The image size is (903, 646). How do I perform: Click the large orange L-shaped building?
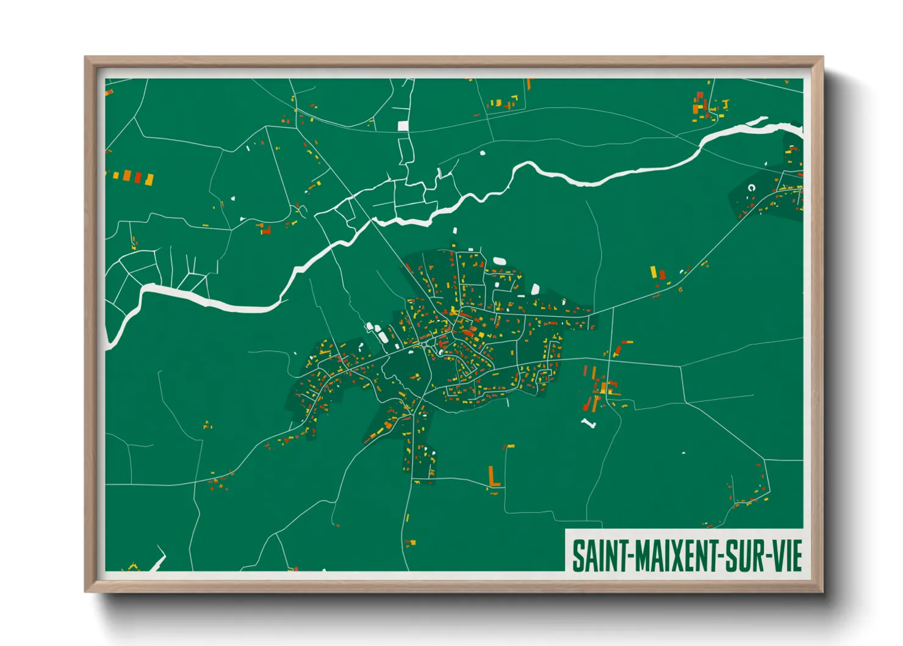coord(494,477)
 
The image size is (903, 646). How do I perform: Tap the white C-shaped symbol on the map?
coord(751,188)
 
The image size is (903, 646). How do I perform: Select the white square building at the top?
coord(403,126)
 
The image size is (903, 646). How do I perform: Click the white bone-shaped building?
coord(588,423)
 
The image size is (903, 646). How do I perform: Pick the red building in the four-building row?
coord(138,178)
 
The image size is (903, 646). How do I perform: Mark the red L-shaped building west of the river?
coord(265,230)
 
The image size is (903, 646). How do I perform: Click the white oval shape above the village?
coord(499,261)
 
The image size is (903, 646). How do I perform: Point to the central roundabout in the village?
coord(425,346)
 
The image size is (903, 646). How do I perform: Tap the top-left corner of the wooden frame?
coord(86,58)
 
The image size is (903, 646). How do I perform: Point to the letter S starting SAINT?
coord(577,556)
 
